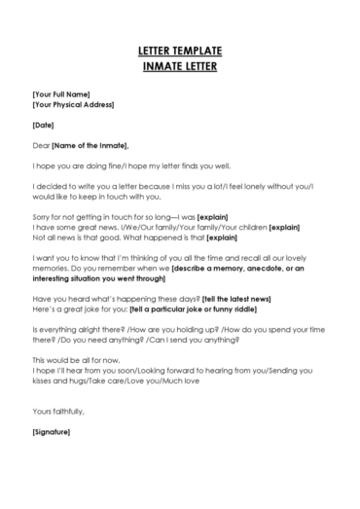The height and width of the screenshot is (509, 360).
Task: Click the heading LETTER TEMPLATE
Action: pos(179,49)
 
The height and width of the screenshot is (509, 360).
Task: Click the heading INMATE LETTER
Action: pos(179,66)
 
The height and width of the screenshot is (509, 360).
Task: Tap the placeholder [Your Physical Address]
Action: pos(73,104)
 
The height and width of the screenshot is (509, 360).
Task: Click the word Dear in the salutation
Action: pos(41,145)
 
